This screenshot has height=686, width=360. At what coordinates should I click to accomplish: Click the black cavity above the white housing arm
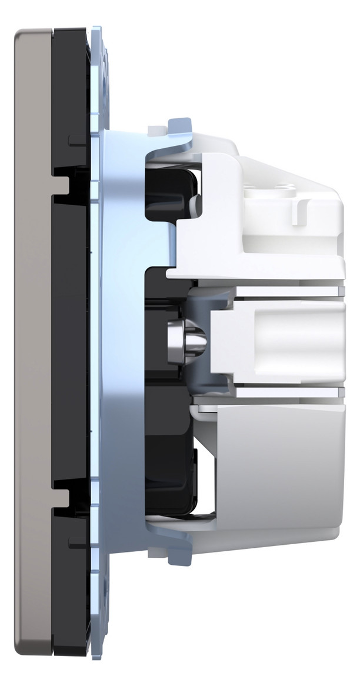click(x=171, y=194)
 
